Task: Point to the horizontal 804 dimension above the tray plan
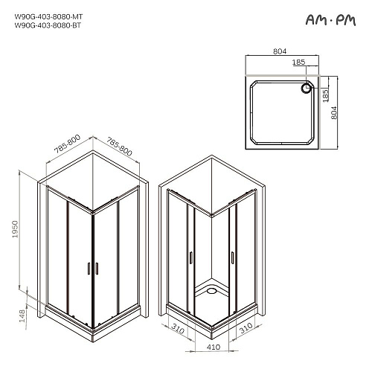pyautogui.click(x=280, y=52)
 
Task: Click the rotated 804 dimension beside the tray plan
pyautogui.click(x=334, y=112)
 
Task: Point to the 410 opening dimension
pyautogui.click(x=214, y=347)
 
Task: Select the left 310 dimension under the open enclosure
pyautogui.click(x=177, y=327)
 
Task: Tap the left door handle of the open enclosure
pyautogui.click(x=191, y=257)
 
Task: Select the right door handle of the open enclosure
pyautogui.click(x=234, y=257)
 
